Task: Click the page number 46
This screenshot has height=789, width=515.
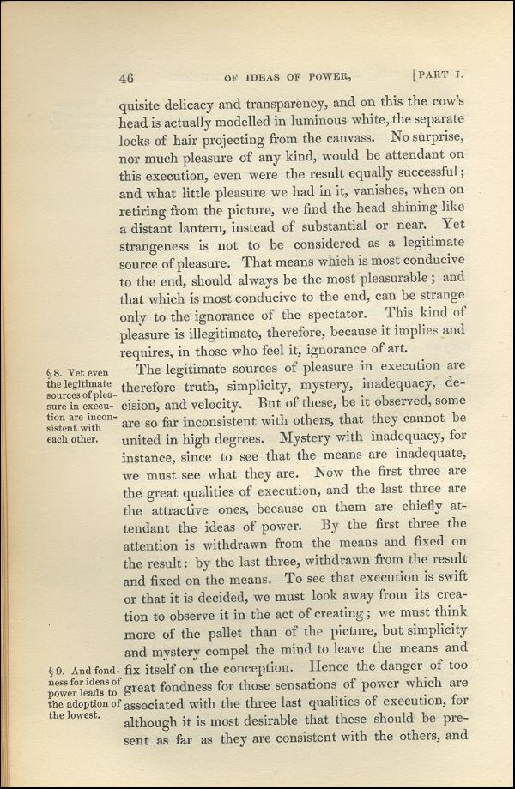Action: [127, 77]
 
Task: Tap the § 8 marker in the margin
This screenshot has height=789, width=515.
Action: [60, 371]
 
